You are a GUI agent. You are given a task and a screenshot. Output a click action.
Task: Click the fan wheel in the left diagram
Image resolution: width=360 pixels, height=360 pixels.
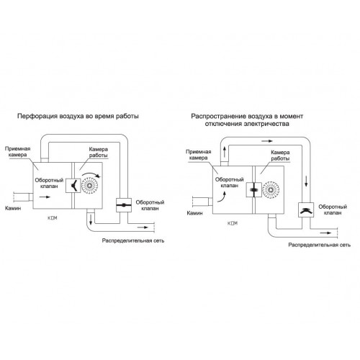[90, 186]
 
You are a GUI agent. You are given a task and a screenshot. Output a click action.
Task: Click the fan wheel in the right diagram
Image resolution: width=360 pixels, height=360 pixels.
[271, 190]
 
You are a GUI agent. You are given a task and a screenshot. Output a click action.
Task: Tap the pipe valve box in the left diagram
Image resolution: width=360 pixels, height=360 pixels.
[124, 205]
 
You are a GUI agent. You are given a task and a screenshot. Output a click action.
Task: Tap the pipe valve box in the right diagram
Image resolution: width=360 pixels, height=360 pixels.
[306, 210]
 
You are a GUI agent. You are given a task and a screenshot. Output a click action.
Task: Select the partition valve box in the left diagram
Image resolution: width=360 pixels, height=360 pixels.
[73, 186]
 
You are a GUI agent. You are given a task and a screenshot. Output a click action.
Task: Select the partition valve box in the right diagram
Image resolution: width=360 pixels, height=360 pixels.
[254, 190]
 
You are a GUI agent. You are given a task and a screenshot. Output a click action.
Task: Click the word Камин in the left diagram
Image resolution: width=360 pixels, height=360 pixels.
[13, 208]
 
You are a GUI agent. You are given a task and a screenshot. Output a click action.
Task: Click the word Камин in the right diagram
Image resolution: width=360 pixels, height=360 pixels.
[194, 213]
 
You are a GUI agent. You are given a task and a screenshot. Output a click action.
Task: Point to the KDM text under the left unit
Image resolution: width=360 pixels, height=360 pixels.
[52, 218]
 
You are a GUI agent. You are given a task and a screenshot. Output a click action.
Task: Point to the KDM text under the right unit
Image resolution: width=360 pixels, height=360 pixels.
[233, 223]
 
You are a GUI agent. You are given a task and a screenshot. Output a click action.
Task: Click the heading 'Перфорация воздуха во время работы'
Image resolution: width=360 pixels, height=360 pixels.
[78, 117]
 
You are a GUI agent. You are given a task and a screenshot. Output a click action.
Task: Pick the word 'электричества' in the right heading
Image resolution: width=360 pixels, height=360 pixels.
[266, 124]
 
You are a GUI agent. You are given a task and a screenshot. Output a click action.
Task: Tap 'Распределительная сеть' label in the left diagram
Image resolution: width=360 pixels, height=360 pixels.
[133, 240]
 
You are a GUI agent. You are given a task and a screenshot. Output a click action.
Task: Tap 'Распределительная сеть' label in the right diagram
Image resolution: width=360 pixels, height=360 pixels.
[320, 245]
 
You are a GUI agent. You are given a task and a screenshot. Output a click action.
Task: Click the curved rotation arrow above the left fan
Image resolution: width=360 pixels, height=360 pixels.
[91, 174]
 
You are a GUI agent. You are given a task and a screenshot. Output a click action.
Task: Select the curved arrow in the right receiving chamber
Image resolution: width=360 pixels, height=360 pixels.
[222, 197]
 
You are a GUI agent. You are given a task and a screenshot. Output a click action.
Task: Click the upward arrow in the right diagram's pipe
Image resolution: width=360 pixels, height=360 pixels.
[225, 152]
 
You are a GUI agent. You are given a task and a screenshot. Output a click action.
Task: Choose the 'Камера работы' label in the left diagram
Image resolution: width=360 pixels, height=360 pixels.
[99, 152]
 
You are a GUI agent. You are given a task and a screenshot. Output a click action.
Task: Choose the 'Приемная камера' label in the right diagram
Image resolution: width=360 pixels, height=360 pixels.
[199, 155]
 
